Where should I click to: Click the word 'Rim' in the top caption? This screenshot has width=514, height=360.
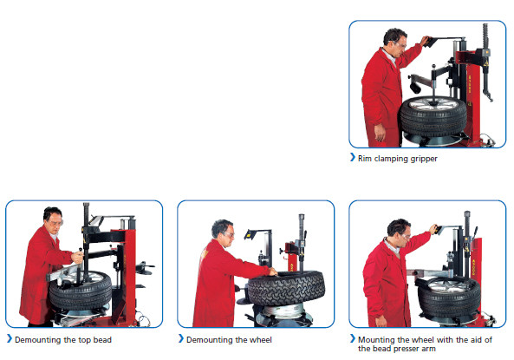coord(364,159)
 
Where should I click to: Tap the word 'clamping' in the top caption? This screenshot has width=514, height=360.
coord(389,159)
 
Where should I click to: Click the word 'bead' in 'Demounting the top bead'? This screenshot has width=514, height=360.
coord(101,339)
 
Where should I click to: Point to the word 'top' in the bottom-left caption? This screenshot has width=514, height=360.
coord(81,339)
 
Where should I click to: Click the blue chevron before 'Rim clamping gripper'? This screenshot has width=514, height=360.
coord(353,159)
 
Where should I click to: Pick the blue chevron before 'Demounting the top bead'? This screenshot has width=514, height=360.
coord(9,339)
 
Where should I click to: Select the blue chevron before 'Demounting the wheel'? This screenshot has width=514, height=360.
coord(180,339)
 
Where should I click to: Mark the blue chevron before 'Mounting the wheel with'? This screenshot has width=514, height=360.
coord(353,338)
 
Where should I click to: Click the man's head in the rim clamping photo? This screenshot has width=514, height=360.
coord(395,40)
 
